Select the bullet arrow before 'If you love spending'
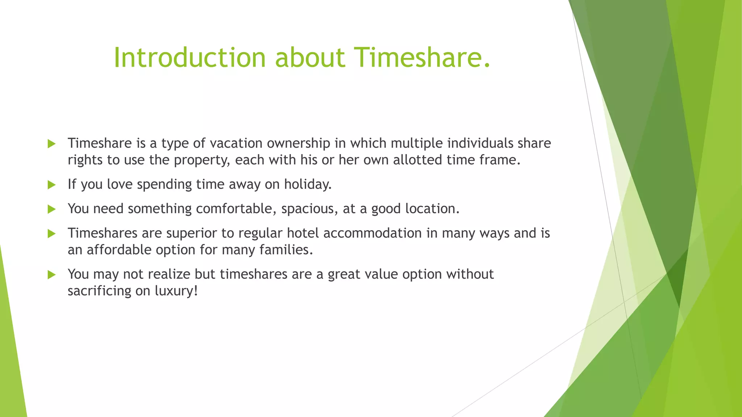pyautogui.click(x=51, y=185)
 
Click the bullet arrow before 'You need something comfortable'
pyautogui.click(x=51, y=209)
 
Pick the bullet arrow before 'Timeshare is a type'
pyautogui.click(x=51, y=144)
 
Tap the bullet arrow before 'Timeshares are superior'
pyautogui.click(x=51, y=233)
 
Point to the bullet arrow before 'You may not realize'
pyautogui.click(x=51, y=275)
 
